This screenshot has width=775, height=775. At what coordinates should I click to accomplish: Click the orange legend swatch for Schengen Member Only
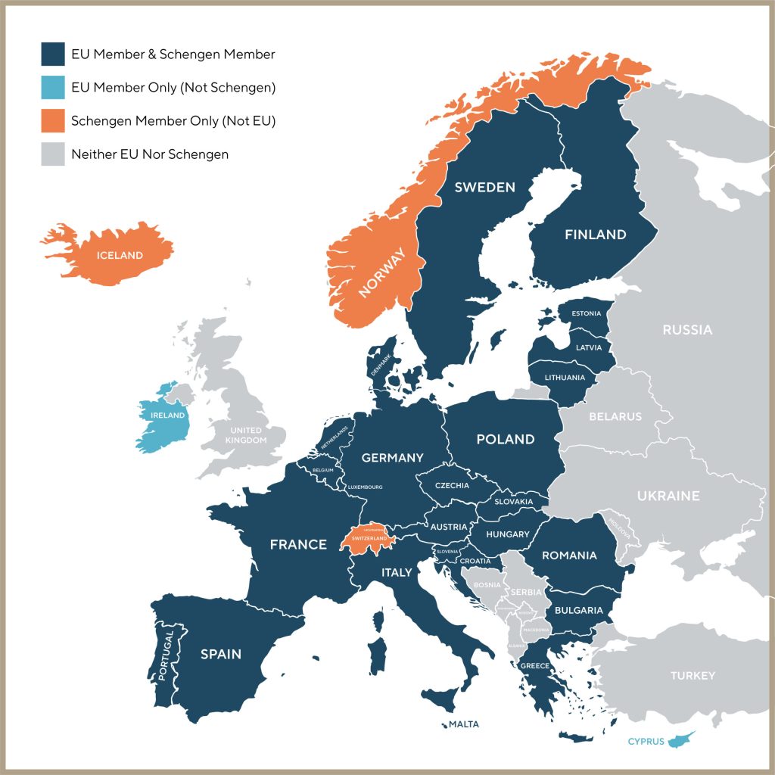click(x=53, y=120)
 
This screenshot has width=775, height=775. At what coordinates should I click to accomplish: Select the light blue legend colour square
click(x=53, y=87)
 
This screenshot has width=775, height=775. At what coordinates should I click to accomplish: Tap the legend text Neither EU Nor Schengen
click(x=149, y=154)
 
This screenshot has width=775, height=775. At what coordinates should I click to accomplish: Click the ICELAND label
click(x=120, y=255)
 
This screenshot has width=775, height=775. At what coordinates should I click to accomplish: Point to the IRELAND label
click(x=167, y=416)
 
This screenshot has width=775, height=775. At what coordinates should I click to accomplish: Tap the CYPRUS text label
click(x=646, y=742)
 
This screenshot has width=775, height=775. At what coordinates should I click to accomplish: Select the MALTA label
click(x=464, y=724)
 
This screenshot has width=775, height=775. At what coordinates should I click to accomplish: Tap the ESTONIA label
click(x=586, y=313)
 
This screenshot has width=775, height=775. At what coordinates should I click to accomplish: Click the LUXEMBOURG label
click(x=366, y=487)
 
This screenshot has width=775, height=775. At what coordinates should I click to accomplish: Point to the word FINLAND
click(x=595, y=235)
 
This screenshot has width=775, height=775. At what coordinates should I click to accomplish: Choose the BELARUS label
click(x=615, y=416)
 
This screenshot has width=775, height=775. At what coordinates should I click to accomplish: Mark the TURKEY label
click(x=693, y=675)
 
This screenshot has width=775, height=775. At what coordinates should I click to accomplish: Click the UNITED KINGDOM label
click(x=249, y=435)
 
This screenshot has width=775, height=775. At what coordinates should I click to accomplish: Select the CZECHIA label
click(x=452, y=486)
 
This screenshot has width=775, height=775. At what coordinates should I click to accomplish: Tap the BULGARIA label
click(x=578, y=610)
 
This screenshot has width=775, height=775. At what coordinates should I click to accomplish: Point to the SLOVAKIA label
click(x=514, y=502)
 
